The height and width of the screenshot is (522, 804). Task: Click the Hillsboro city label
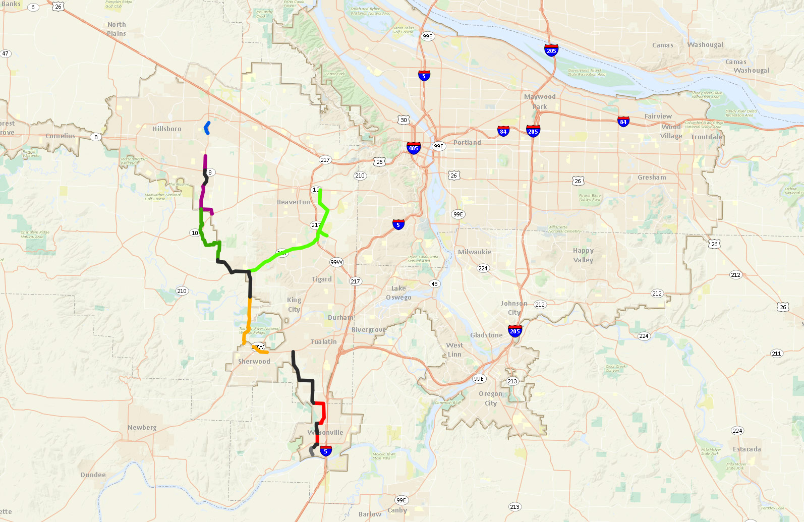(166, 129)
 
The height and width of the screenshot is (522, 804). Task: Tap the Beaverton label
(293, 202)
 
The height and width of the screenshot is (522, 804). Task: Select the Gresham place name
(651, 178)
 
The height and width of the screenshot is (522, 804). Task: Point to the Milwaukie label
(474, 252)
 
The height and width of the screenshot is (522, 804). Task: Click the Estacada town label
(746, 449)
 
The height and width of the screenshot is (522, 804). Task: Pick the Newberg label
(142, 428)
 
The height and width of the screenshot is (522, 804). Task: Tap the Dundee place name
(93, 475)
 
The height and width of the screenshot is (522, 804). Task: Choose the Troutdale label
(706, 137)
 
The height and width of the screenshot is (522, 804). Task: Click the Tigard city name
(321, 279)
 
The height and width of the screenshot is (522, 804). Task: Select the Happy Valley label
(583, 255)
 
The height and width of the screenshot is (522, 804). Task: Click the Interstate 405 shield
(414, 148)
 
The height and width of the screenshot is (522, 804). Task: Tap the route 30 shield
(404, 120)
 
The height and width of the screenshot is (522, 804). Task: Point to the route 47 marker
(6, 53)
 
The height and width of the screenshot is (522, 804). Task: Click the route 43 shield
(434, 284)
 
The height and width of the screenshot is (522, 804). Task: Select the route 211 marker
(776, 354)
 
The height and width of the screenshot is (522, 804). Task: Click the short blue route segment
(207, 128)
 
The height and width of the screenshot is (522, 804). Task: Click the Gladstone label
(486, 335)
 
